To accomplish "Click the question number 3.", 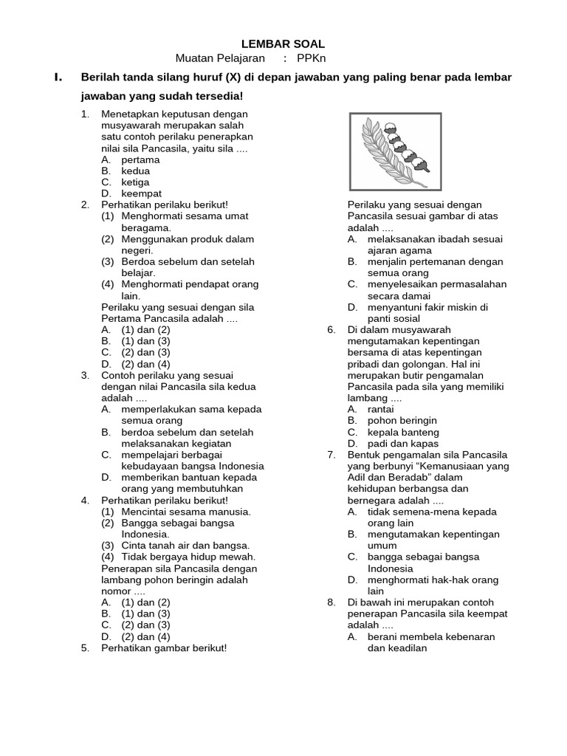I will pos(85,375).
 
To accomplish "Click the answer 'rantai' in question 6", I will pos(381,409).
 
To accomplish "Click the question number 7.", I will pos(331,455).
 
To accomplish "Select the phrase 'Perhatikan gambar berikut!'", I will pos(164,648).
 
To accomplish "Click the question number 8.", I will pos(331,602).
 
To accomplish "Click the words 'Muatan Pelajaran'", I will pos(220,58).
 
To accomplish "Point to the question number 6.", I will pos(331,330).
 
